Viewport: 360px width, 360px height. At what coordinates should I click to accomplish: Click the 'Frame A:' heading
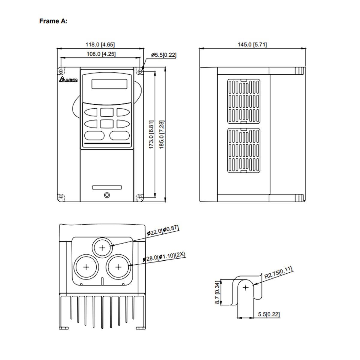53,21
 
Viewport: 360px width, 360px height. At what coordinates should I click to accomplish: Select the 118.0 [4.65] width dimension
100,45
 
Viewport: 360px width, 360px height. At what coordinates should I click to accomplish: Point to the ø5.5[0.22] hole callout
164,55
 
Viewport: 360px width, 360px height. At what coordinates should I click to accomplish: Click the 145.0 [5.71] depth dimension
252,45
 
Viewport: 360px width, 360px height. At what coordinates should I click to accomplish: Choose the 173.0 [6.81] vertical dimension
151,135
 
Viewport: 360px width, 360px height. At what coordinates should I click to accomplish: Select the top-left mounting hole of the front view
61,71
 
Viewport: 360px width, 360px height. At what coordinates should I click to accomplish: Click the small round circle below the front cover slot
107,195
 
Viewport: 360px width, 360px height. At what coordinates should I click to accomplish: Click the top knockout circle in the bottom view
103,248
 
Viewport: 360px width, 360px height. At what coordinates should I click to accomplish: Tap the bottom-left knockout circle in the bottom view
86,267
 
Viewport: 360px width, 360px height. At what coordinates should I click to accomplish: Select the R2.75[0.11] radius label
278,272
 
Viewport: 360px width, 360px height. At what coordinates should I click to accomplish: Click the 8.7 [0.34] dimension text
218,292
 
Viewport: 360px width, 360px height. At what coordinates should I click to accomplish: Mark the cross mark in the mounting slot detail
246,288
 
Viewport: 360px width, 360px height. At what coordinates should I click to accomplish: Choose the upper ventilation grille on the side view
244,101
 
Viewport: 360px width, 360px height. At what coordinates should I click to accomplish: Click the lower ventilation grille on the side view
244,151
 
